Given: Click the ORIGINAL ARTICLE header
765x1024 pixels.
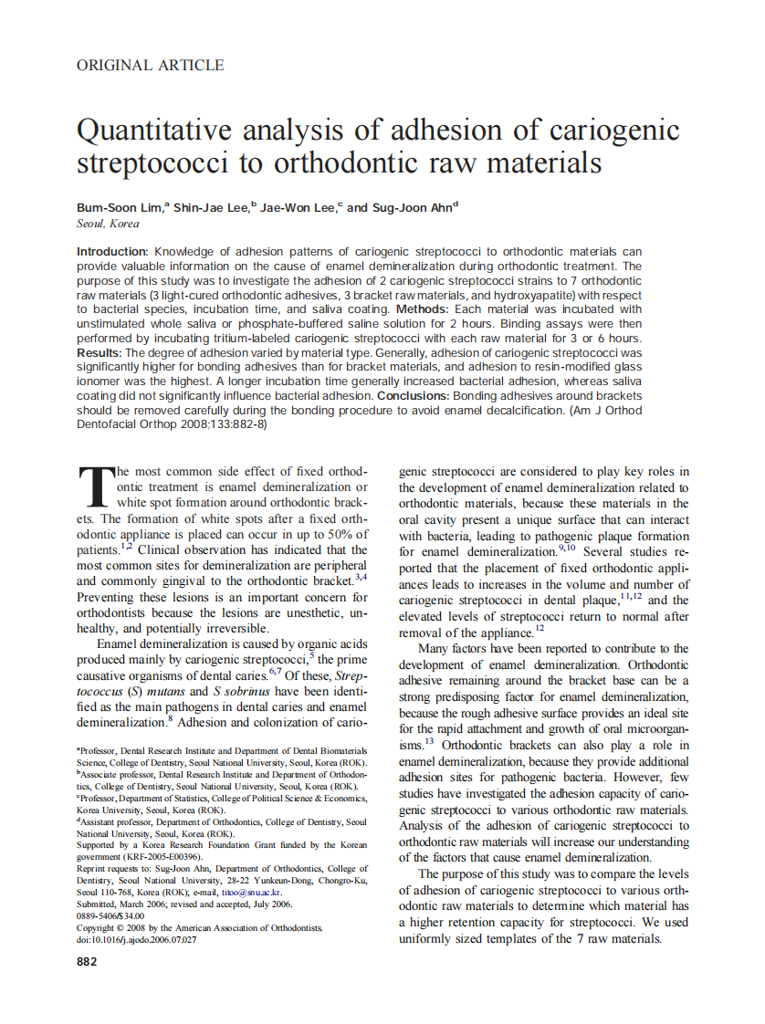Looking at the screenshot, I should point(150,65).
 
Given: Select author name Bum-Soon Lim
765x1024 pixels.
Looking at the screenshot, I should point(119,208).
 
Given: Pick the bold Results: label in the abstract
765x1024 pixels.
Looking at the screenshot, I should point(99,352).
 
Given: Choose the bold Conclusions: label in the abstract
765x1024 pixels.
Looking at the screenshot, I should point(414,396).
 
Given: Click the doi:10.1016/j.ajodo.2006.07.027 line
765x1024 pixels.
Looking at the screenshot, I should point(136,939).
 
